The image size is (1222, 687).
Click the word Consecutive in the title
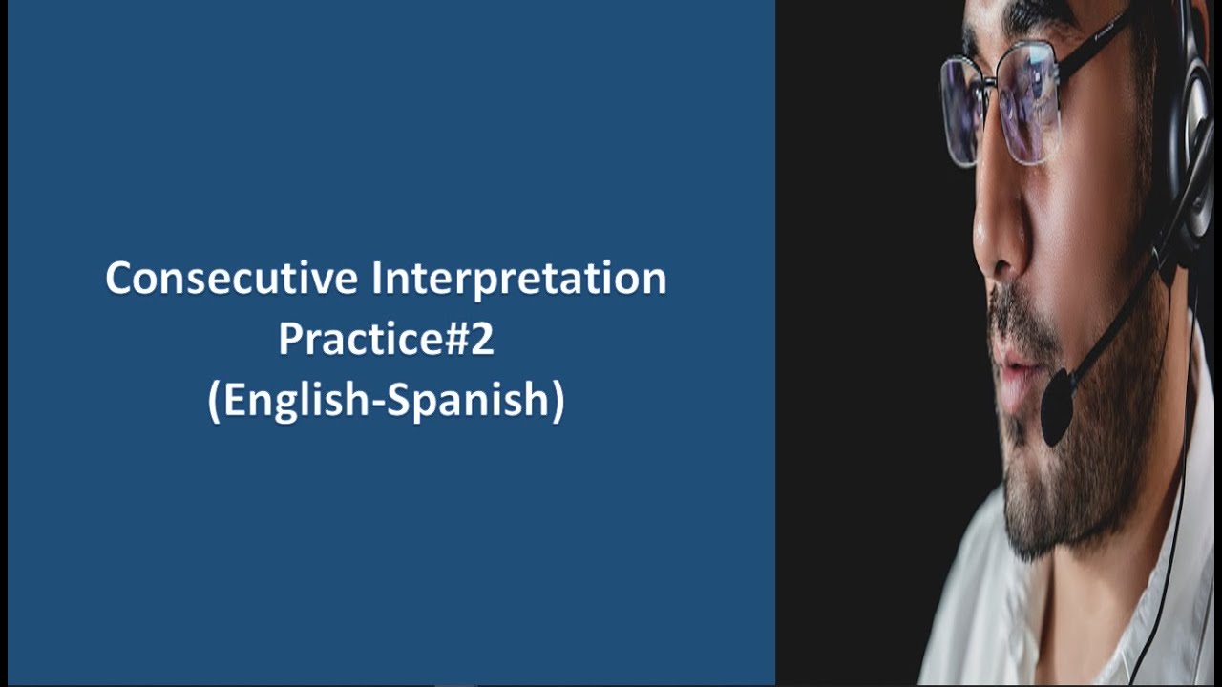(x=232, y=279)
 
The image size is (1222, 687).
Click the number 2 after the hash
(x=482, y=340)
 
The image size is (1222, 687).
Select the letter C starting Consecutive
(x=117, y=279)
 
